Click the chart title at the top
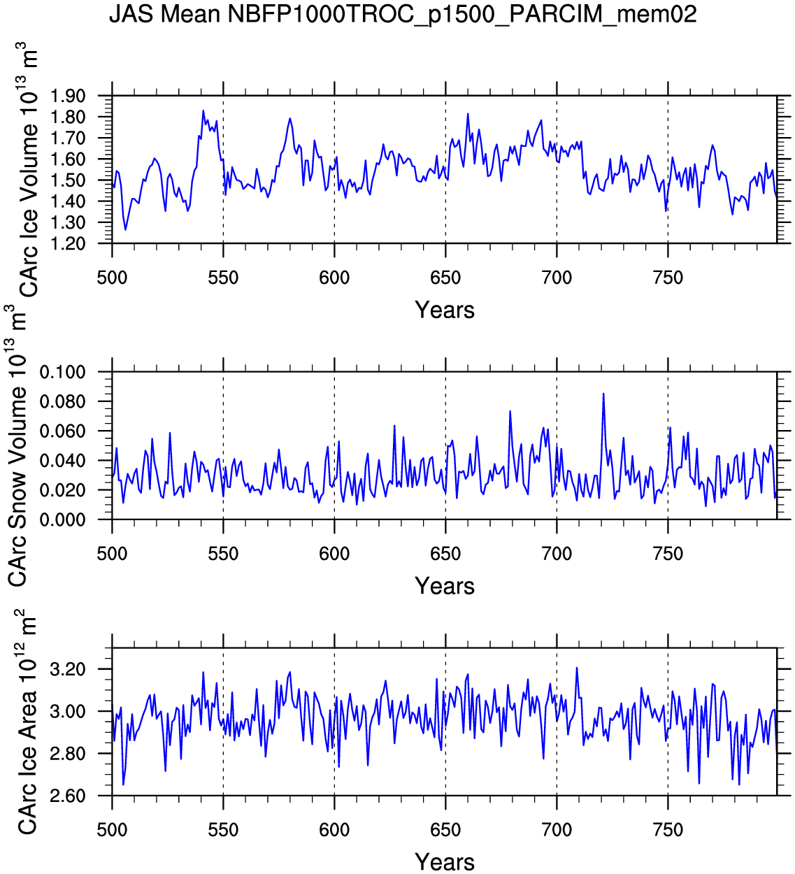pyautogui.click(x=403, y=14)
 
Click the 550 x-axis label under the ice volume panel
pyautogui.click(x=223, y=278)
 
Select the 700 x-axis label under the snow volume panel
pyautogui.click(x=557, y=554)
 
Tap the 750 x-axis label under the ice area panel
pyautogui.click(x=668, y=831)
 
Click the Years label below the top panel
pyautogui.click(x=445, y=310)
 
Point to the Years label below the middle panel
pyautogui.click(x=445, y=586)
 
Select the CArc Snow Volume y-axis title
pyautogui.click(x=17, y=447)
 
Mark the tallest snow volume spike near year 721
pyautogui.click(x=603, y=394)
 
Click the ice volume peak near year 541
pyautogui.click(x=203, y=110)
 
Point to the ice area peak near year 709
pyautogui.click(x=577, y=668)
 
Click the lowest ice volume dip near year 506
pyautogui.click(x=126, y=229)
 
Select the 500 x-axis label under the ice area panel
pyautogui.click(x=112, y=831)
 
